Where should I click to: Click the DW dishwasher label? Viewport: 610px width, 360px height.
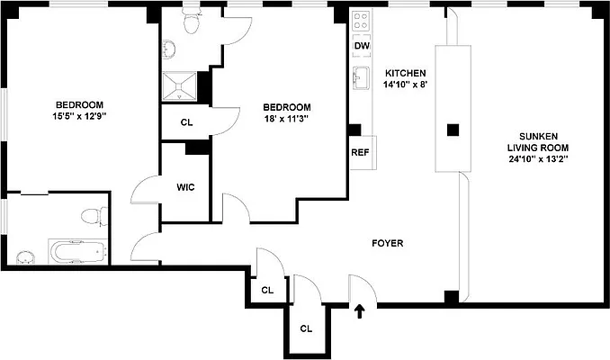[x=362, y=46]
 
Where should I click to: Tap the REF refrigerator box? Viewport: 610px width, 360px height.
[x=361, y=152]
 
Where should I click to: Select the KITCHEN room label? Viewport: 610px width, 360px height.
[x=405, y=73]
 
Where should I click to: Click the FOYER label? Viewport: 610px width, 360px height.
[x=387, y=243]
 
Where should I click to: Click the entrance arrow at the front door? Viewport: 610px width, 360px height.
[x=360, y=312]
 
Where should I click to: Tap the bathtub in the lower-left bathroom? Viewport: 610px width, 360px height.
[x=76, y=252]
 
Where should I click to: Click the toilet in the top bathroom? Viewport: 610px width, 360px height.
[x=190, y=25]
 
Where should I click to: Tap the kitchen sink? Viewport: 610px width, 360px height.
[x=362, y=77]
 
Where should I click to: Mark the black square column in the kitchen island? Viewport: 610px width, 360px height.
[x=453, y=129]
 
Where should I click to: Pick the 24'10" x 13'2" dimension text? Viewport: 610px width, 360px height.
[x=538, y=159]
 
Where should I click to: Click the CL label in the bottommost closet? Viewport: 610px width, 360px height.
[x=306, y=328]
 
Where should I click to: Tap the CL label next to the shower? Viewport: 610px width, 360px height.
[x=186, y=121]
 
